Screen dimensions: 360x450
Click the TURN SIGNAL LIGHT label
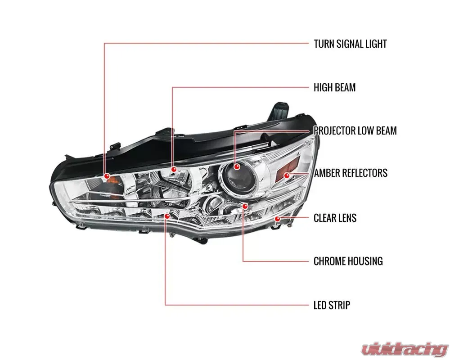[350, 44]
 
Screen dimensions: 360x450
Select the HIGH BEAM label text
[334, 87]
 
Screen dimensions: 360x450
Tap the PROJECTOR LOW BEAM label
[355, 130]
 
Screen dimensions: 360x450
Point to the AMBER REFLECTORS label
[351, 173]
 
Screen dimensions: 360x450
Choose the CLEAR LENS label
[335, 218]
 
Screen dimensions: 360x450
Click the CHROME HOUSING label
[348, 261]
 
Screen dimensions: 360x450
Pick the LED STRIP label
[332, 305]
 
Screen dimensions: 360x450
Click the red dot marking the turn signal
[106, 175]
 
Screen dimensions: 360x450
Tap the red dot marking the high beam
[174, 170]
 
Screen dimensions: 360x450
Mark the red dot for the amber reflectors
[286, 174]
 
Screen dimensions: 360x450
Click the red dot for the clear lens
[277, 219]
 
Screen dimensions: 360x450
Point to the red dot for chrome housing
[245, 206]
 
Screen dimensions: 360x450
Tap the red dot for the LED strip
[167, 216]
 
